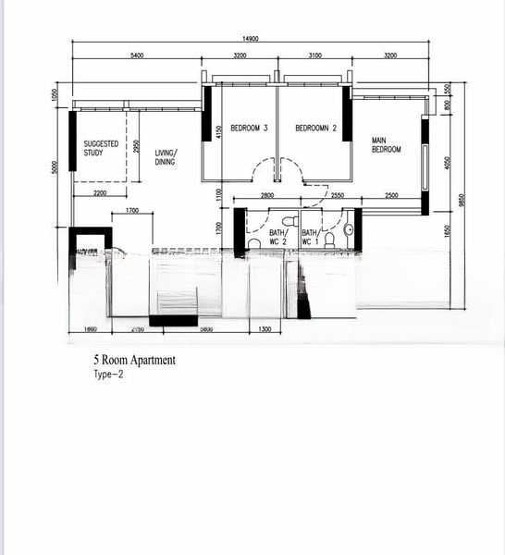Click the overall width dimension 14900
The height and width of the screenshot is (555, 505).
click(x=250, y=39)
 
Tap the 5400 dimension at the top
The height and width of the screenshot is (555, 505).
click(x=137, y=56)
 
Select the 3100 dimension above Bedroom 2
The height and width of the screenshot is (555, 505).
click(x=314, y=56)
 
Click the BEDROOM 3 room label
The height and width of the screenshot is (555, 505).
click(x=249, y=128)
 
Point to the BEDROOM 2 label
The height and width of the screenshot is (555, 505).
click(x=315, y=128)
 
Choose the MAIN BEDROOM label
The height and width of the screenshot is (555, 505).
click(x=386, y=145)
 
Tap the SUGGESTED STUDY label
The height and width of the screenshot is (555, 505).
click(x=101, y=148)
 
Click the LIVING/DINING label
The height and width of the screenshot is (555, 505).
click(x=166, y=156)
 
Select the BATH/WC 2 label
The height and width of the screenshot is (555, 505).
click(x=278, y=238)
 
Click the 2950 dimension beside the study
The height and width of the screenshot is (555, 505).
click(x=136, y=148)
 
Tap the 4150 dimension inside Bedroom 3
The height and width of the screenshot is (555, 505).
click(x=218, y=132)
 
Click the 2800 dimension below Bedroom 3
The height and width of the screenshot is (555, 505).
click(x=266, y=195)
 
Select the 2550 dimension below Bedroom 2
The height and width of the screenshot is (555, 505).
click(x=337, y=195)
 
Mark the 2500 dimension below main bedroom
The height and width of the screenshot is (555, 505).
click(x=391, y=195)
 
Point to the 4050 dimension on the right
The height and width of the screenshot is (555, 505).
click(x=448, y=163)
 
